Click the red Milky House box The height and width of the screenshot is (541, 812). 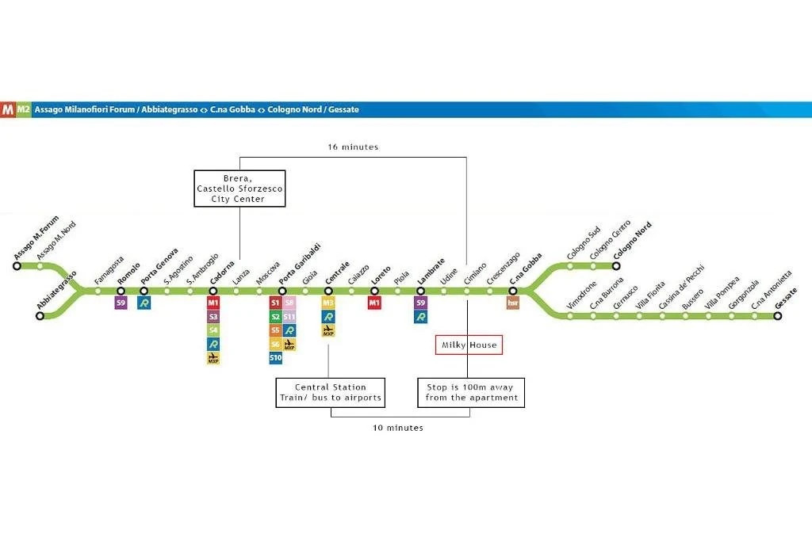pos(469,345)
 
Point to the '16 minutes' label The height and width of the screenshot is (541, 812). pos(353,147)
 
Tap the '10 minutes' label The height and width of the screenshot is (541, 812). pos(397,428)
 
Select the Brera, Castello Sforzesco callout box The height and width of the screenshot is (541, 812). pos(239,189)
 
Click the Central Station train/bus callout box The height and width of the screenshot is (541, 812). pos(331,392)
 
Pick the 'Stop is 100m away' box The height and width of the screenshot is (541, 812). pos(471,392)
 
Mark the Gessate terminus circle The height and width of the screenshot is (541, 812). pos(778,316)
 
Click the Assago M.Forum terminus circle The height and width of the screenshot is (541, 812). pos(17,267)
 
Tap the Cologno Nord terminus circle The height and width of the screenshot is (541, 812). pos(616,267)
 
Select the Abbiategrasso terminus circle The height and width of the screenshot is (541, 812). pos(40,316)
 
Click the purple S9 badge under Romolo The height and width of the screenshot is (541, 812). pos(121,303)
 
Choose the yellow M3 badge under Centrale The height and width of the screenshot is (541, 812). pos(328,303)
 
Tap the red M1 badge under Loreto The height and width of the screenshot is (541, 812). pos(375,303)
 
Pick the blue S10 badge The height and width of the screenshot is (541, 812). pos(275,358)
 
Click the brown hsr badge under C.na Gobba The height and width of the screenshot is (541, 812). pos(513,303)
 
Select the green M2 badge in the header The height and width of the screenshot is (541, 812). pos(23,110)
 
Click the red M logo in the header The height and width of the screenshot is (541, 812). pos(8,110)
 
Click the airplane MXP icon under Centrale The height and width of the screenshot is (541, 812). pos(328,330)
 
